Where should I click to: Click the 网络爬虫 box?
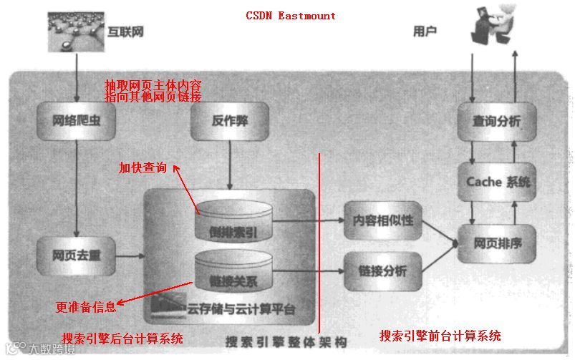(x=76, y=122)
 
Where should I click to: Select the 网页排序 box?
(x=497, y=243)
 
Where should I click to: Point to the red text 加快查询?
(x=142, y=168)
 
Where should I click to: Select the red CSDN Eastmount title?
(x=290, y=15)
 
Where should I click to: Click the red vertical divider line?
(x=319, y=236)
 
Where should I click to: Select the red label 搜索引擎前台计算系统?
(x=440, y=336)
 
